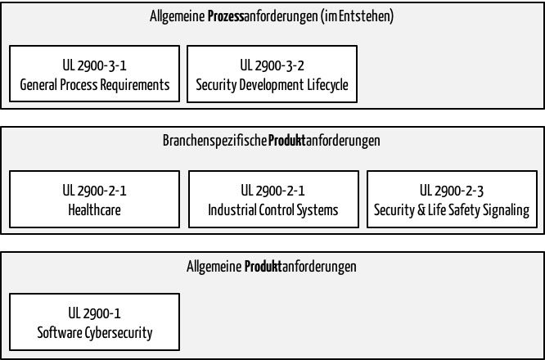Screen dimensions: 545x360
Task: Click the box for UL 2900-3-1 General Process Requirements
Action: click(x=95, y=74)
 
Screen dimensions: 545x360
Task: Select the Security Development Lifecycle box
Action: click(x=272, y=74)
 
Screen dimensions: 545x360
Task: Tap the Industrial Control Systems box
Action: click(x=273, y=199)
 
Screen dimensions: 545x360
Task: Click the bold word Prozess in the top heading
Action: click(x=226, y=16)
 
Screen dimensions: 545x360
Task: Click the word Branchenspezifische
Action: click(x=214, y=141)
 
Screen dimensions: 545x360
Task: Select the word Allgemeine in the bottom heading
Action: click(x=214, y=267)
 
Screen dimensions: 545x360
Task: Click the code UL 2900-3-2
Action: click(x=272, y=65)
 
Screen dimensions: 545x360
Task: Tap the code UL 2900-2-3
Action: click(x=452, y=191)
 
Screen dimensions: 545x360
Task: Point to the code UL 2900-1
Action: click(x=95, y=313)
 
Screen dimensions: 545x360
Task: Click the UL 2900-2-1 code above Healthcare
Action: click(x=95, y=191)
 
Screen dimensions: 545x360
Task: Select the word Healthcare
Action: click(x=95, y=210)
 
